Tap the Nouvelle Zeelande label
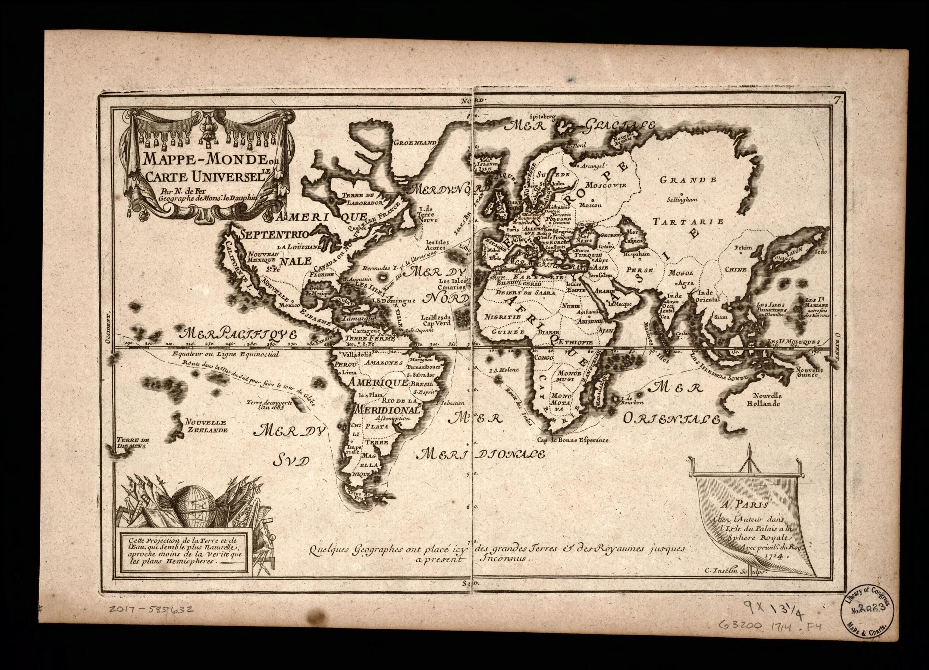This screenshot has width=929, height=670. click(x=206, y=426)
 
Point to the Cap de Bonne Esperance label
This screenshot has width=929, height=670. click(x=573, y=441)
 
